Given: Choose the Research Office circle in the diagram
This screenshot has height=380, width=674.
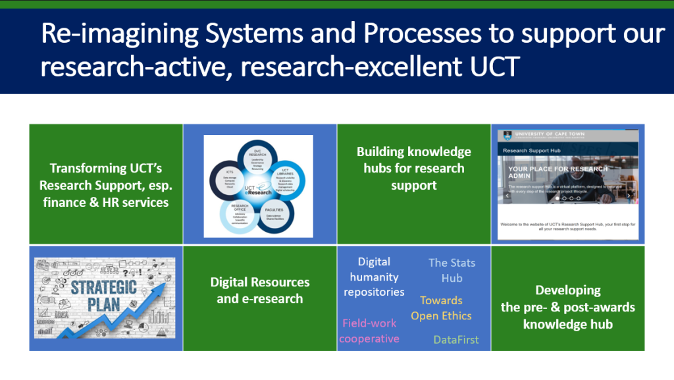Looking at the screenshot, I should point(238,213).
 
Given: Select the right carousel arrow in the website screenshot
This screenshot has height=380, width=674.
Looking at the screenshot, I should point(629,196).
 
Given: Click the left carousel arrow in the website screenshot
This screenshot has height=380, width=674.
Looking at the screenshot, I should point(507,196).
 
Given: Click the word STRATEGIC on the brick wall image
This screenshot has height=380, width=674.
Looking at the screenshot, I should point(103,287).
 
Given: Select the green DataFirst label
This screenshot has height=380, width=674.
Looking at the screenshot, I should point(456,340).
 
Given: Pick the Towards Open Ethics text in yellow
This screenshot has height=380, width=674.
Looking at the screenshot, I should point(441,308).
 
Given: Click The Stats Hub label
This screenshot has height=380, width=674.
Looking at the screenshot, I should point(452,270).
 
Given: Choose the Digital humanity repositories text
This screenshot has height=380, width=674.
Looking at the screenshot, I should point(374,277).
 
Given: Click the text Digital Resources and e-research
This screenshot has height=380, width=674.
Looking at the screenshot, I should point(259,290).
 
